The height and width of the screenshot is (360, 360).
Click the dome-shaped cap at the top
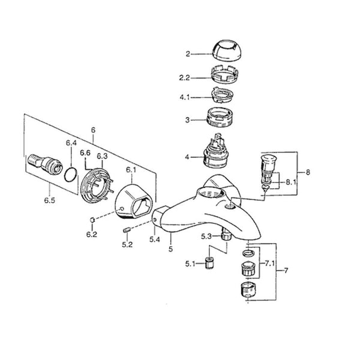coord(226,50)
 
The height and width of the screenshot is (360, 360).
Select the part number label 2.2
coord(184,78)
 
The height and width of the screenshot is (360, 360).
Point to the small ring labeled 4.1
coord(222,95)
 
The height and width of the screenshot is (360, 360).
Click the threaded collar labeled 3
coord(220,117)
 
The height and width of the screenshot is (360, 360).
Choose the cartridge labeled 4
coord(215,152)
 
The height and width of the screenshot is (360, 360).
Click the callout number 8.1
coord(291,182)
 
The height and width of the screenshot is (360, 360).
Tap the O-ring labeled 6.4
coord(71,175)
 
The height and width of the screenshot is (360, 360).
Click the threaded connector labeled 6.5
coord(45,163)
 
